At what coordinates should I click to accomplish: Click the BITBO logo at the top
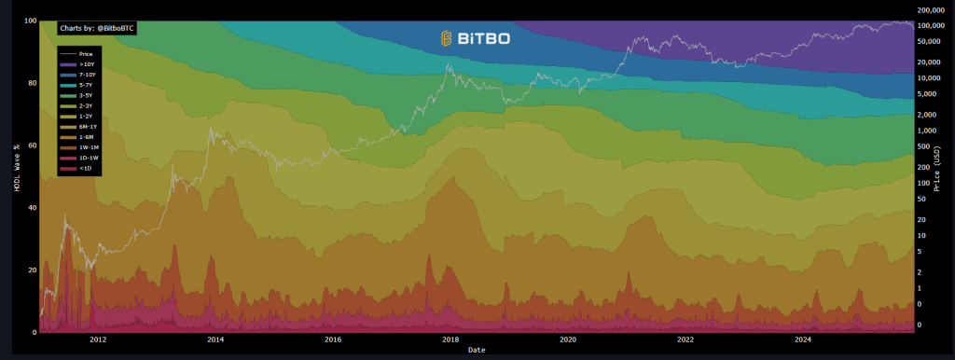click(476, 38)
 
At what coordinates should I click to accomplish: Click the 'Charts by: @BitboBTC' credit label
click(96, 29)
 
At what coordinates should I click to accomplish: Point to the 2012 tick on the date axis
click(98, 340)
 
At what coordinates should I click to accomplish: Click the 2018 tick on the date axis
click(450, 340)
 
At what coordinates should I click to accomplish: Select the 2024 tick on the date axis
click(803, 340)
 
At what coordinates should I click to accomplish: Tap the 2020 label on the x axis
click(568, 340)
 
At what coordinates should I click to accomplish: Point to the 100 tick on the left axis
click(30, 21)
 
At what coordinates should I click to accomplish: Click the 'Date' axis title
click(477, 351)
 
